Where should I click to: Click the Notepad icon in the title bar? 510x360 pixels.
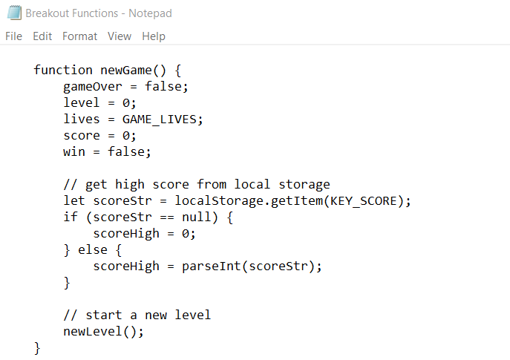pos(13,13)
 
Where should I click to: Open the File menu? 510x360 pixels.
pos(14,36)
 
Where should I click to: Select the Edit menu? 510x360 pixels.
pos(42,36)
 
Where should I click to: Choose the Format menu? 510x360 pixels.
pos(79,36)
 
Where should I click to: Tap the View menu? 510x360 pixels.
pos(119,36)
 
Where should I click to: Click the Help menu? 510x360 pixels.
pos(154,36)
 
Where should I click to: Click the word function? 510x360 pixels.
pos(63,70)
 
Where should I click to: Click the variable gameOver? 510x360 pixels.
pos(93,86)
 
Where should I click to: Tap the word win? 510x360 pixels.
pos(74,151)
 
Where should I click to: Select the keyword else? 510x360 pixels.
pos(93,249)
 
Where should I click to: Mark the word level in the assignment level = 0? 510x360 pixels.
pos(82,102)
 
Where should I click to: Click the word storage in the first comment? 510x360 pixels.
pos(304,184)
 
